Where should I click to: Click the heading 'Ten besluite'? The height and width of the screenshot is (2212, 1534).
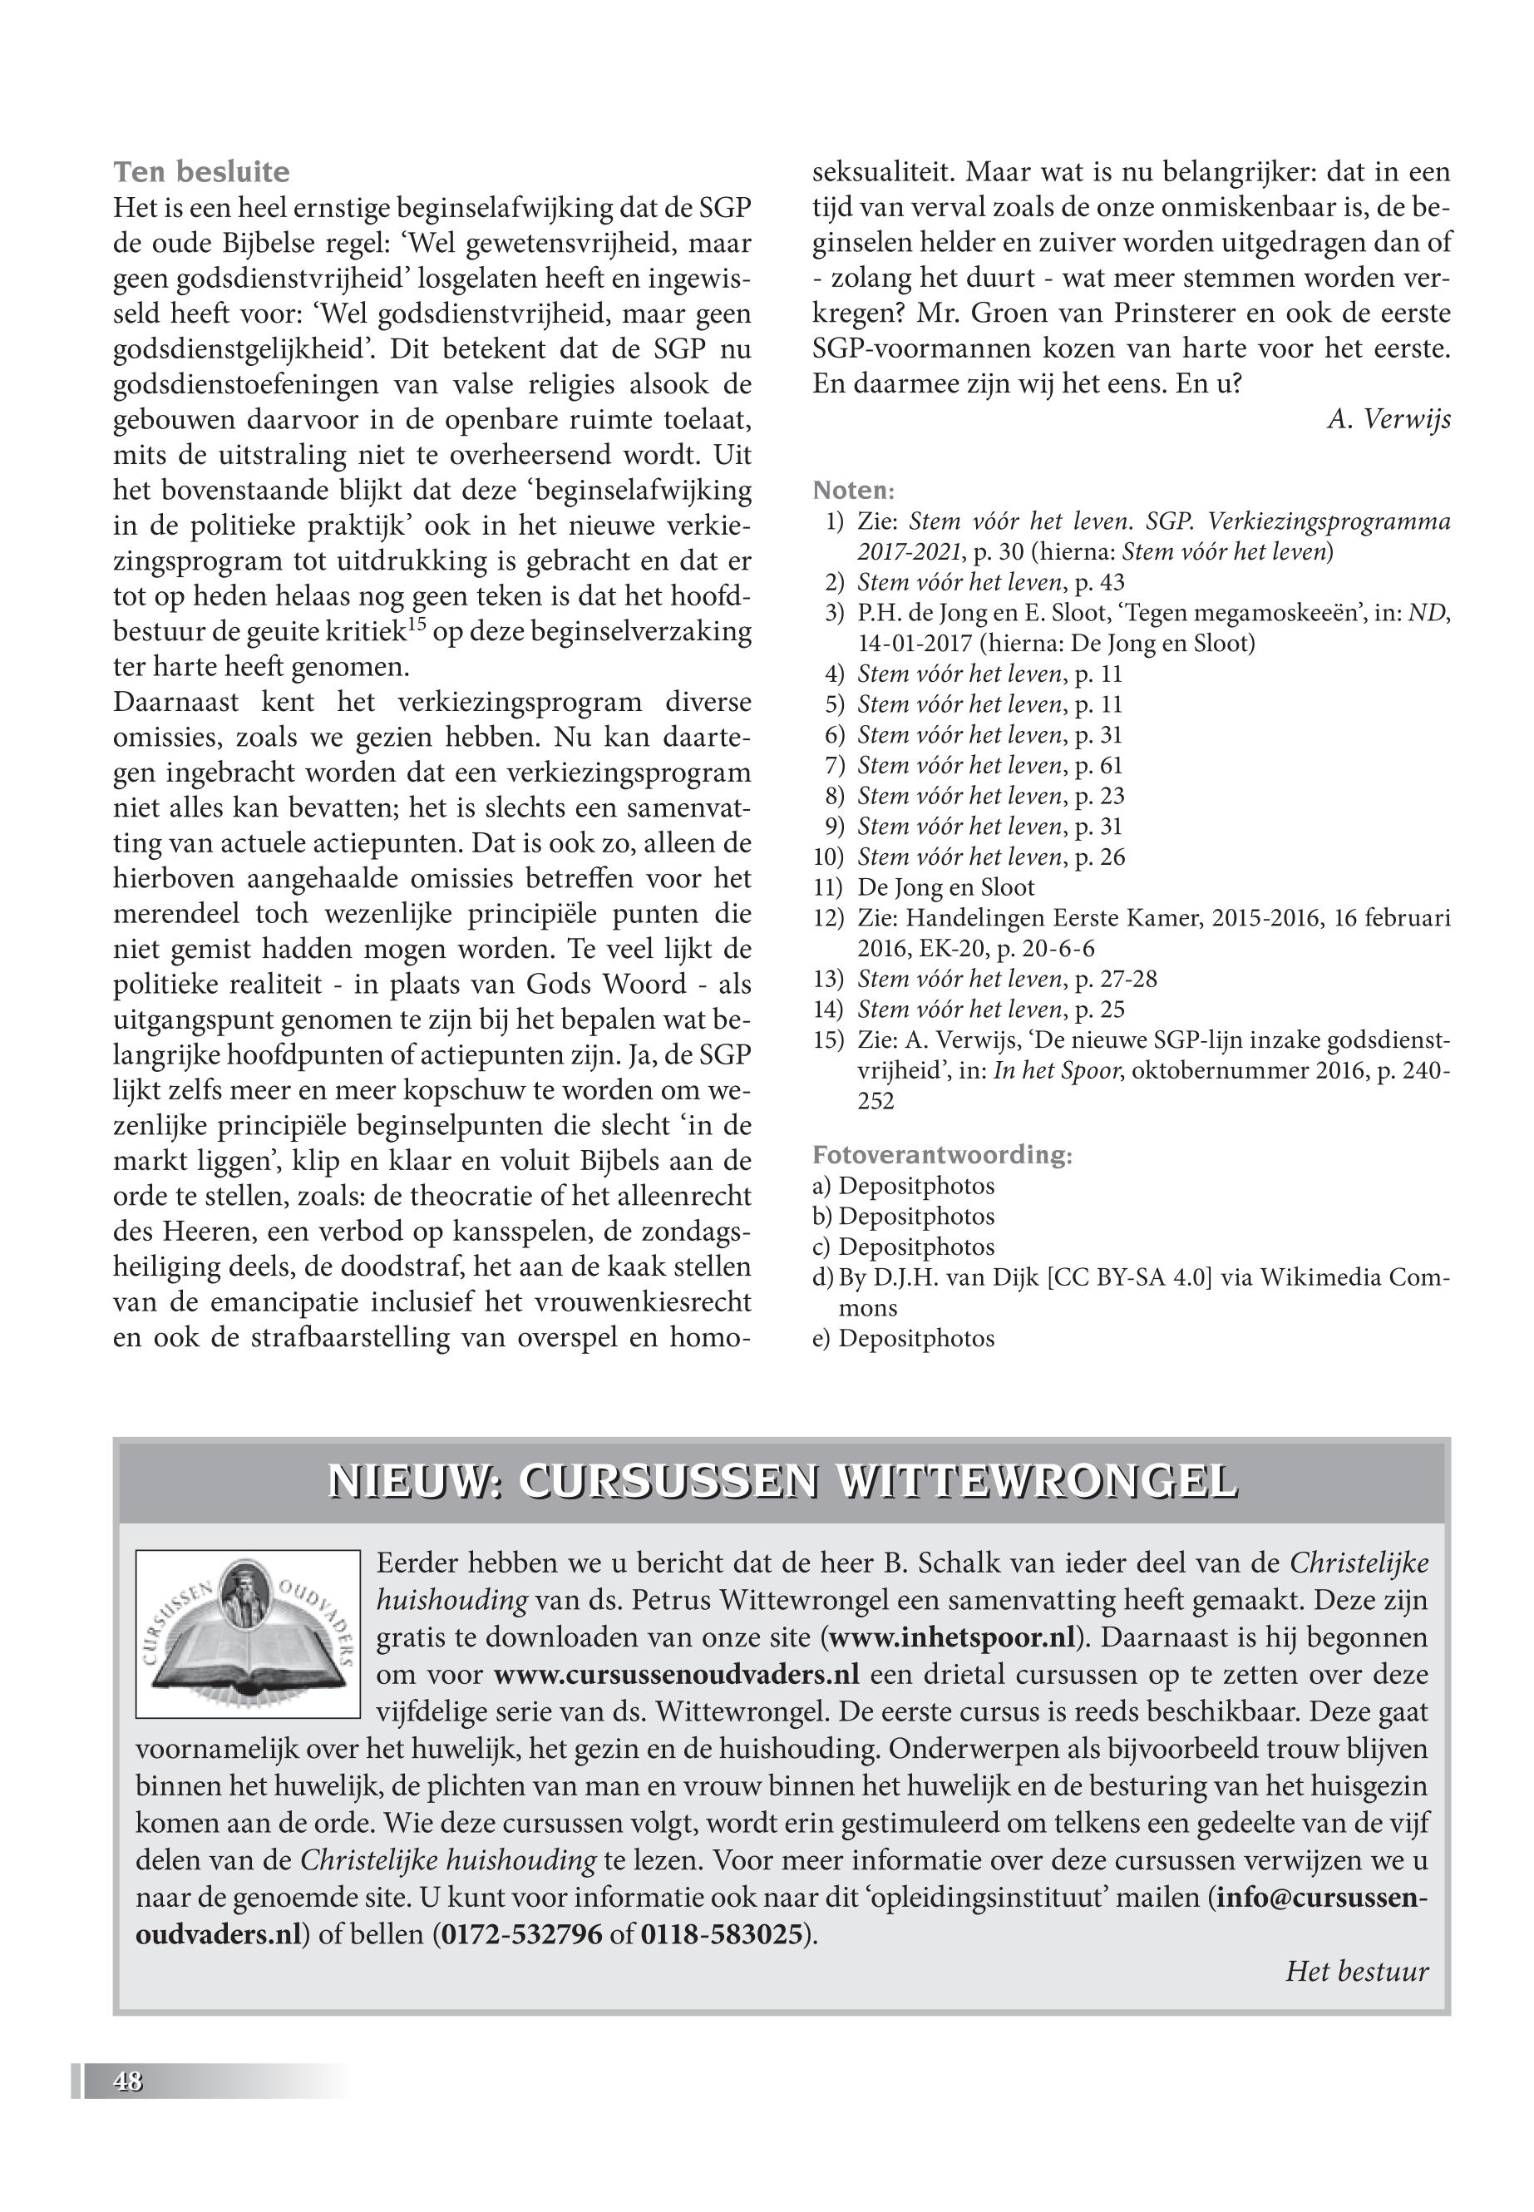tap(201, 172)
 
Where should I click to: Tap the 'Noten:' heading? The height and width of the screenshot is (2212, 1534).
tap(854, 491)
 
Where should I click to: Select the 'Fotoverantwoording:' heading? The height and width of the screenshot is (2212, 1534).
tap(942, 1154)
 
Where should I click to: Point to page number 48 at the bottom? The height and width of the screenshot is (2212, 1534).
tap(128, 2081)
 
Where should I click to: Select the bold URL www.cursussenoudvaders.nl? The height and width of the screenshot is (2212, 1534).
tap(676, 1674)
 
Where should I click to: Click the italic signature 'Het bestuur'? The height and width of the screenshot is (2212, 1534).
tap(1356, 1972)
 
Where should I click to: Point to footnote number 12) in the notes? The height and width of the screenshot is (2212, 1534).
tap(828, 918)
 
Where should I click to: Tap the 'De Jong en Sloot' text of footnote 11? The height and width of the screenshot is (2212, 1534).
tap(946, 887)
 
